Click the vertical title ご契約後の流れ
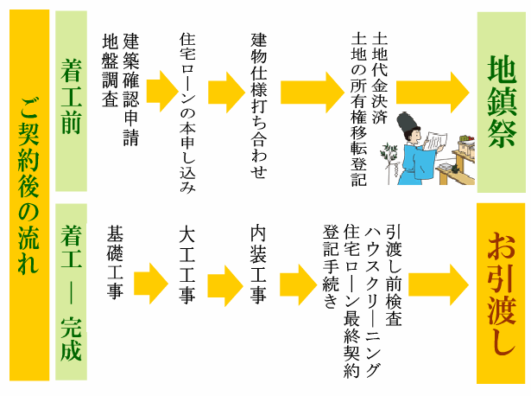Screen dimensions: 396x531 pyautogui.click(x=28, y=195)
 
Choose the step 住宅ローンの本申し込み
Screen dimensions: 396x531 pyautogui.click(x=188, y=112)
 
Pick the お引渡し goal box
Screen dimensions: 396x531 pyautogui.click(x=501, y=292)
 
